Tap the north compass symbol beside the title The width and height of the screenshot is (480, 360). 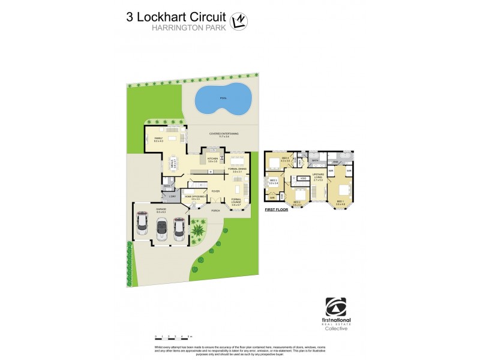239,22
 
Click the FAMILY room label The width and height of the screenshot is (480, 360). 158,140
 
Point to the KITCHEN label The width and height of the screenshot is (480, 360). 213,160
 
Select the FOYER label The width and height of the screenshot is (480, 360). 215,191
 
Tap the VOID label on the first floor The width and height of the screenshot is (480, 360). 304,178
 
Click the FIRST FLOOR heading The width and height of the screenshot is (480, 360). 277,210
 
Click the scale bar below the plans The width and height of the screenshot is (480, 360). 173,337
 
